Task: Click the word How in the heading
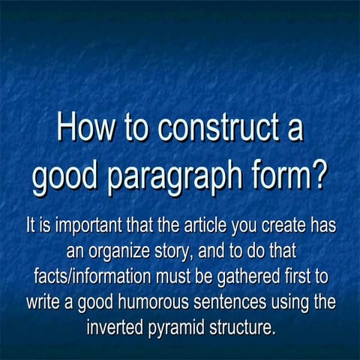[84, 129]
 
